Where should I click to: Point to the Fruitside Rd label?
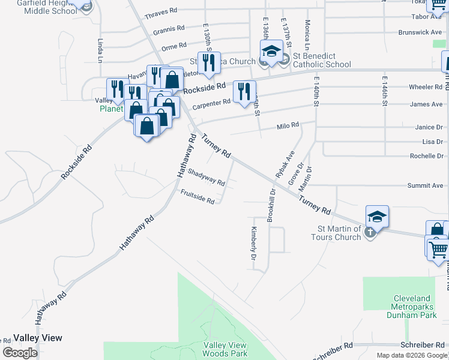(197, 197)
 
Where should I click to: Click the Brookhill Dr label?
(271, 206)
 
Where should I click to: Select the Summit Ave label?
(425, 186)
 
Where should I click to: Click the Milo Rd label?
(288, 125)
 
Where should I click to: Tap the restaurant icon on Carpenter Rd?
(243, 91)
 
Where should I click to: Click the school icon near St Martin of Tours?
(377, 216)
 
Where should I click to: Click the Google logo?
(20, 353)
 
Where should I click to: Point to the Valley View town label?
(38, 338)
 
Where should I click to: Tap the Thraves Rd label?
(161, 11)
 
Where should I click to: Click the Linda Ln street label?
(100, 52)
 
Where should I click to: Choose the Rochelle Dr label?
(426, 156)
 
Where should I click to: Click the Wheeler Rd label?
(426, 87)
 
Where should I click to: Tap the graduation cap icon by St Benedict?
(271, 51)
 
